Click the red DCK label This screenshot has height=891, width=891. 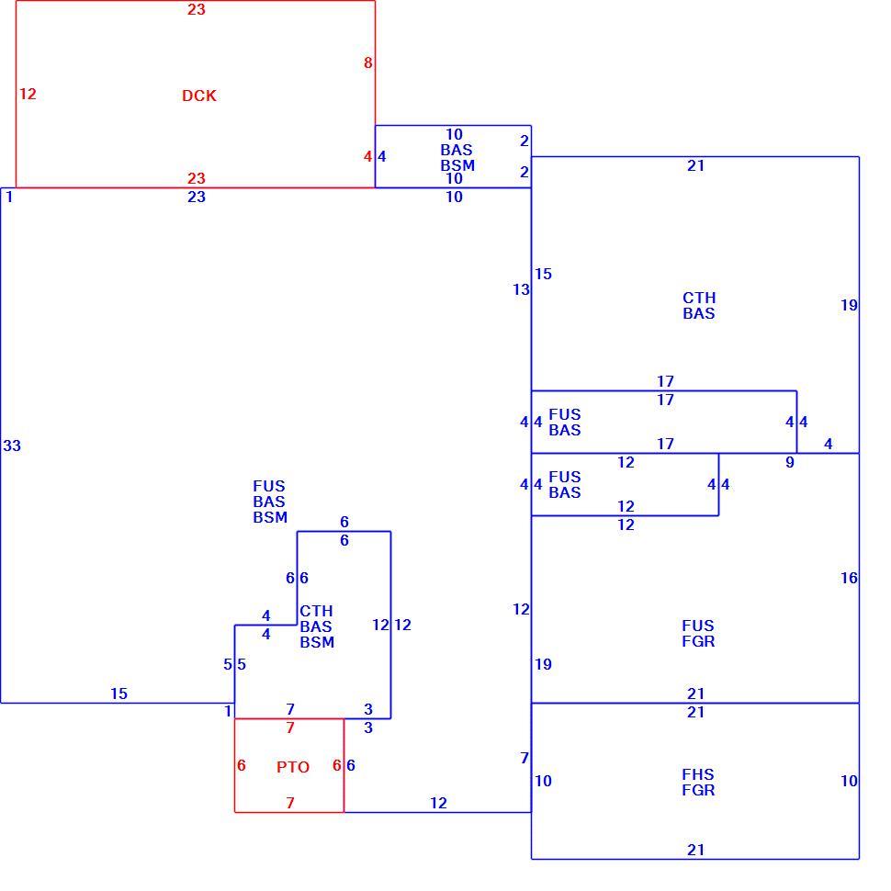click(x=199, y=96)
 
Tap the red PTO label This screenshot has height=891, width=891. click(x=293, y=767)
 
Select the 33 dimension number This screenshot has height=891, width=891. click(x=12, y=446)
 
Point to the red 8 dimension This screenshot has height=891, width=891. click(x=368, y=63)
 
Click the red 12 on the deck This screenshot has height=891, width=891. click(x=28, y=94)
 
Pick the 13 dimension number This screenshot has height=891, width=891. click(x=521, y=289)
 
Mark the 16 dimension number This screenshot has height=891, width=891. click(x=849, y=578)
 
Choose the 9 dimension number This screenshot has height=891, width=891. click(x=790, y=463)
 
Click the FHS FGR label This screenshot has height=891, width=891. click(x=698, y=782)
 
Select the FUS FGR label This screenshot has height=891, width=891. click(x=698, y=633)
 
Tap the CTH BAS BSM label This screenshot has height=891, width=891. click(x=317, y=626)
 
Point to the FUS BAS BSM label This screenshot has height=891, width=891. click(x=270, y=502)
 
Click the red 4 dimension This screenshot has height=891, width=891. click(x=368, y=156)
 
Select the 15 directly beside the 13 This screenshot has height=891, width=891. click(x=543, y=274)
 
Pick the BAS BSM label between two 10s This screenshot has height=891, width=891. click(x=457, y=157)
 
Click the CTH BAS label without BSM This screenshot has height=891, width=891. click(x=699, y=306)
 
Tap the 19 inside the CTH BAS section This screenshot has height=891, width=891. click(x=849, y=305)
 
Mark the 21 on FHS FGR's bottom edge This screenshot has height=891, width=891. click(x=696, y=850)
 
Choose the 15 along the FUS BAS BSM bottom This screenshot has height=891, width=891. click(x=118, y=694)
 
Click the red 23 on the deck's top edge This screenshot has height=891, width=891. click(x=197, y=10)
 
